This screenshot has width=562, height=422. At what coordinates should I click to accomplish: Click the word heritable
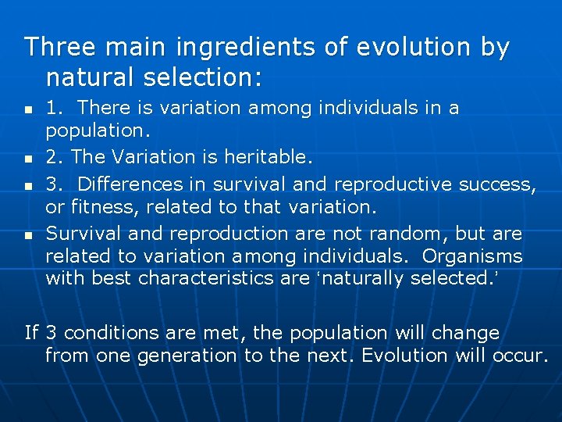point(269,158)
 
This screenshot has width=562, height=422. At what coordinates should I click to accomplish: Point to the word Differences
point(129,184)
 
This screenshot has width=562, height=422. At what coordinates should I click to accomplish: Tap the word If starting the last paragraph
point(32,333)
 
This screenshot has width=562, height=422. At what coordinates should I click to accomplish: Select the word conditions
point(120,333)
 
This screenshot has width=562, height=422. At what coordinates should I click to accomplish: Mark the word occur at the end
point(519,356)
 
